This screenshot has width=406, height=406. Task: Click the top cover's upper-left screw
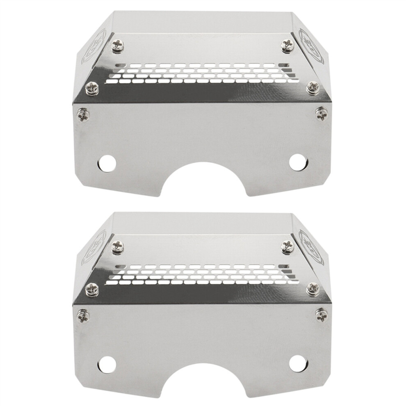tap(117, 46)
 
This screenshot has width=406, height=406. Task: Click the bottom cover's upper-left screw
tap(117, 246)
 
